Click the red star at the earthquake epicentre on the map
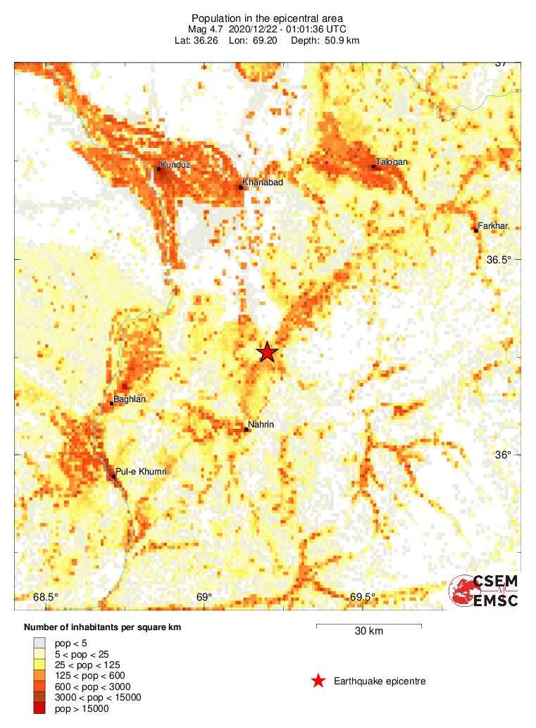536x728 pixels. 267,352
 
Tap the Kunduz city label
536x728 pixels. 175,165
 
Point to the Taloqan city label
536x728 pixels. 392,162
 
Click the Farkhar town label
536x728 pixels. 492,226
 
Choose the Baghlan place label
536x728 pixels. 129,399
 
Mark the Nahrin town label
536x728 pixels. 261,425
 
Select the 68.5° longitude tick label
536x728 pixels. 46,598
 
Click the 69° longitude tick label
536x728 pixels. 204,598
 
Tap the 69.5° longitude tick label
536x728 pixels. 363,598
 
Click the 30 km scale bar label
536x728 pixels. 368,632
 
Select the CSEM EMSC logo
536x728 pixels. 485,591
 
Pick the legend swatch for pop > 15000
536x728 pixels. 39,708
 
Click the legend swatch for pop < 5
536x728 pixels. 39,643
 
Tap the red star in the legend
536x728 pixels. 318,681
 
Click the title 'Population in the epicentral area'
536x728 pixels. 267,18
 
